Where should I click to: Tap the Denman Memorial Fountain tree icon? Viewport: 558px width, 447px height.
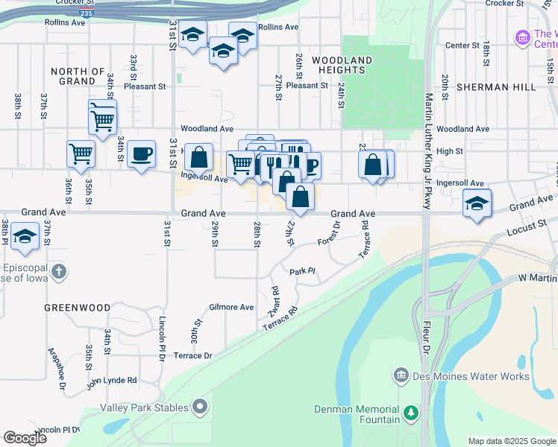pos(410,413)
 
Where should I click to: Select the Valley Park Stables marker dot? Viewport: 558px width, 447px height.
pos(199,407)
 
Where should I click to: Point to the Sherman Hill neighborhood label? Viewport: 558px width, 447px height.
pos(498,87)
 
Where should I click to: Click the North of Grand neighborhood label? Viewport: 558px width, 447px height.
pos(78,76)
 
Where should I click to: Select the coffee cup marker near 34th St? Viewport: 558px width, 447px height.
pos(141,154)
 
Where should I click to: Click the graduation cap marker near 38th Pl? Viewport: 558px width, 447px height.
pos(25,237)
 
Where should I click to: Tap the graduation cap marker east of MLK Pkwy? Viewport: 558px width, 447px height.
pos(477,203)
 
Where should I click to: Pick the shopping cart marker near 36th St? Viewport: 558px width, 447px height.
pos(81,153)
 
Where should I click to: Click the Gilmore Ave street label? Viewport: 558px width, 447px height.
pos(231,307)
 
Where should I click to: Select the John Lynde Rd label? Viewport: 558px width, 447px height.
pos(111,381)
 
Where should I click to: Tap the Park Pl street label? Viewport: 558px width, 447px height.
pos(304,272)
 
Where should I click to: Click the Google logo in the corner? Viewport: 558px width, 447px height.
pos(25,438)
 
